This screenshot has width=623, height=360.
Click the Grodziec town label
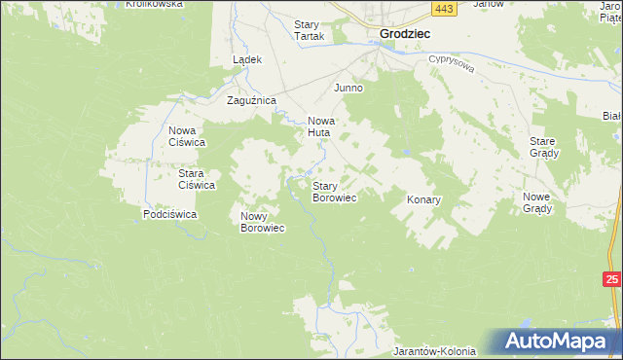tap(404, 32)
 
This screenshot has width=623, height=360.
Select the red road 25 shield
tap(611, 280)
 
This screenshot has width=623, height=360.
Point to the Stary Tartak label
tap(310, 30)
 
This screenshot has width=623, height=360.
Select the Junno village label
tap(348, 88)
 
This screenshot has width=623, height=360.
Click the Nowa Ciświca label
tap(186, 136)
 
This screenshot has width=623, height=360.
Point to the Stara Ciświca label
tap(196, 179)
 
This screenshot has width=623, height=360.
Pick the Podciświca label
tap(170, 213)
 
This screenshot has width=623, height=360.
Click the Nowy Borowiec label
tap(262, 222)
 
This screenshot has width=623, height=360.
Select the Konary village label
tap(423, 199)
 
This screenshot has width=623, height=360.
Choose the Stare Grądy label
tap(542, 147)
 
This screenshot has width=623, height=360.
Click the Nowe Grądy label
tap(536, 203)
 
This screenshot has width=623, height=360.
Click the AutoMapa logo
tap(559, 342)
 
